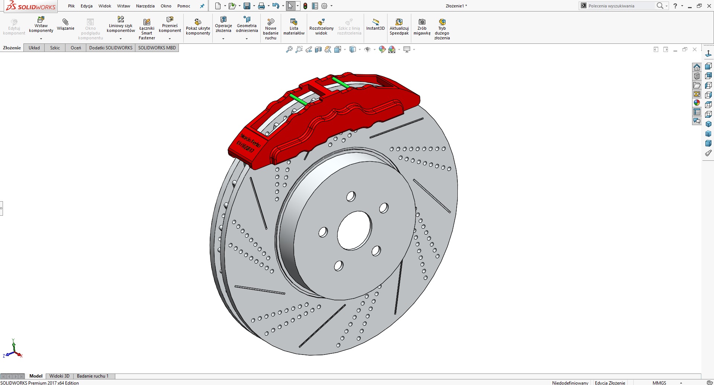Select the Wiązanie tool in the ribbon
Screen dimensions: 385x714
click(x=65, y=25)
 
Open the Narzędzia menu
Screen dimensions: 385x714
click(x=145, y=6)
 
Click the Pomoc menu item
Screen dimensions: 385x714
click(x=184, y=6)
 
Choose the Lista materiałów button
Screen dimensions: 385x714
click(x=294, y=27)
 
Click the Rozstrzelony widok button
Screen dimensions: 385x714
click(x=321, y=27)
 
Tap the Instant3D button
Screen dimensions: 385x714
click(x=375, y=25)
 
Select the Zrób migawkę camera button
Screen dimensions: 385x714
click(x=422, y=27)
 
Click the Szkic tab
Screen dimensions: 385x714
click(x=55, y=48)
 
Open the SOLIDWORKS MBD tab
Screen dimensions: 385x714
click(x=157, y=48)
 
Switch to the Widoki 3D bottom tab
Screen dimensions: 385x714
click(x=59, y=376)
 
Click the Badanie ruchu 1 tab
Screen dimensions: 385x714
click(x=93, y=376)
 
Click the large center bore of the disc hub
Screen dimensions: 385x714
click(x=354, y=231)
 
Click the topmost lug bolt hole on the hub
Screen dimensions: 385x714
click(x=351, y=196)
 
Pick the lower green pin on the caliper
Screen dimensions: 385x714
click(x=298, y=99)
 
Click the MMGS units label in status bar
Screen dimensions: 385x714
click(x=659, y=383)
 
